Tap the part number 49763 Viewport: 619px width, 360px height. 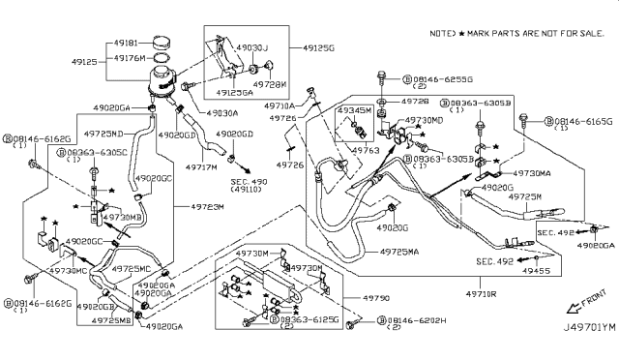click(x=364, y=151)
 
